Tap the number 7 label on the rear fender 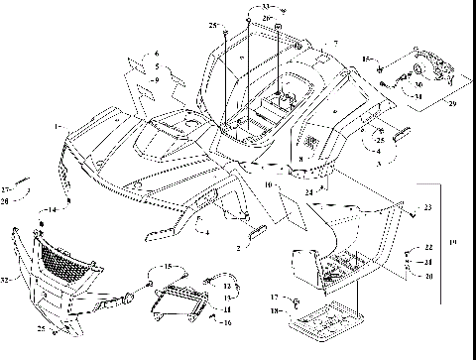336,44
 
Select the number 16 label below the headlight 227,323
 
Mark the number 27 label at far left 6,188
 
